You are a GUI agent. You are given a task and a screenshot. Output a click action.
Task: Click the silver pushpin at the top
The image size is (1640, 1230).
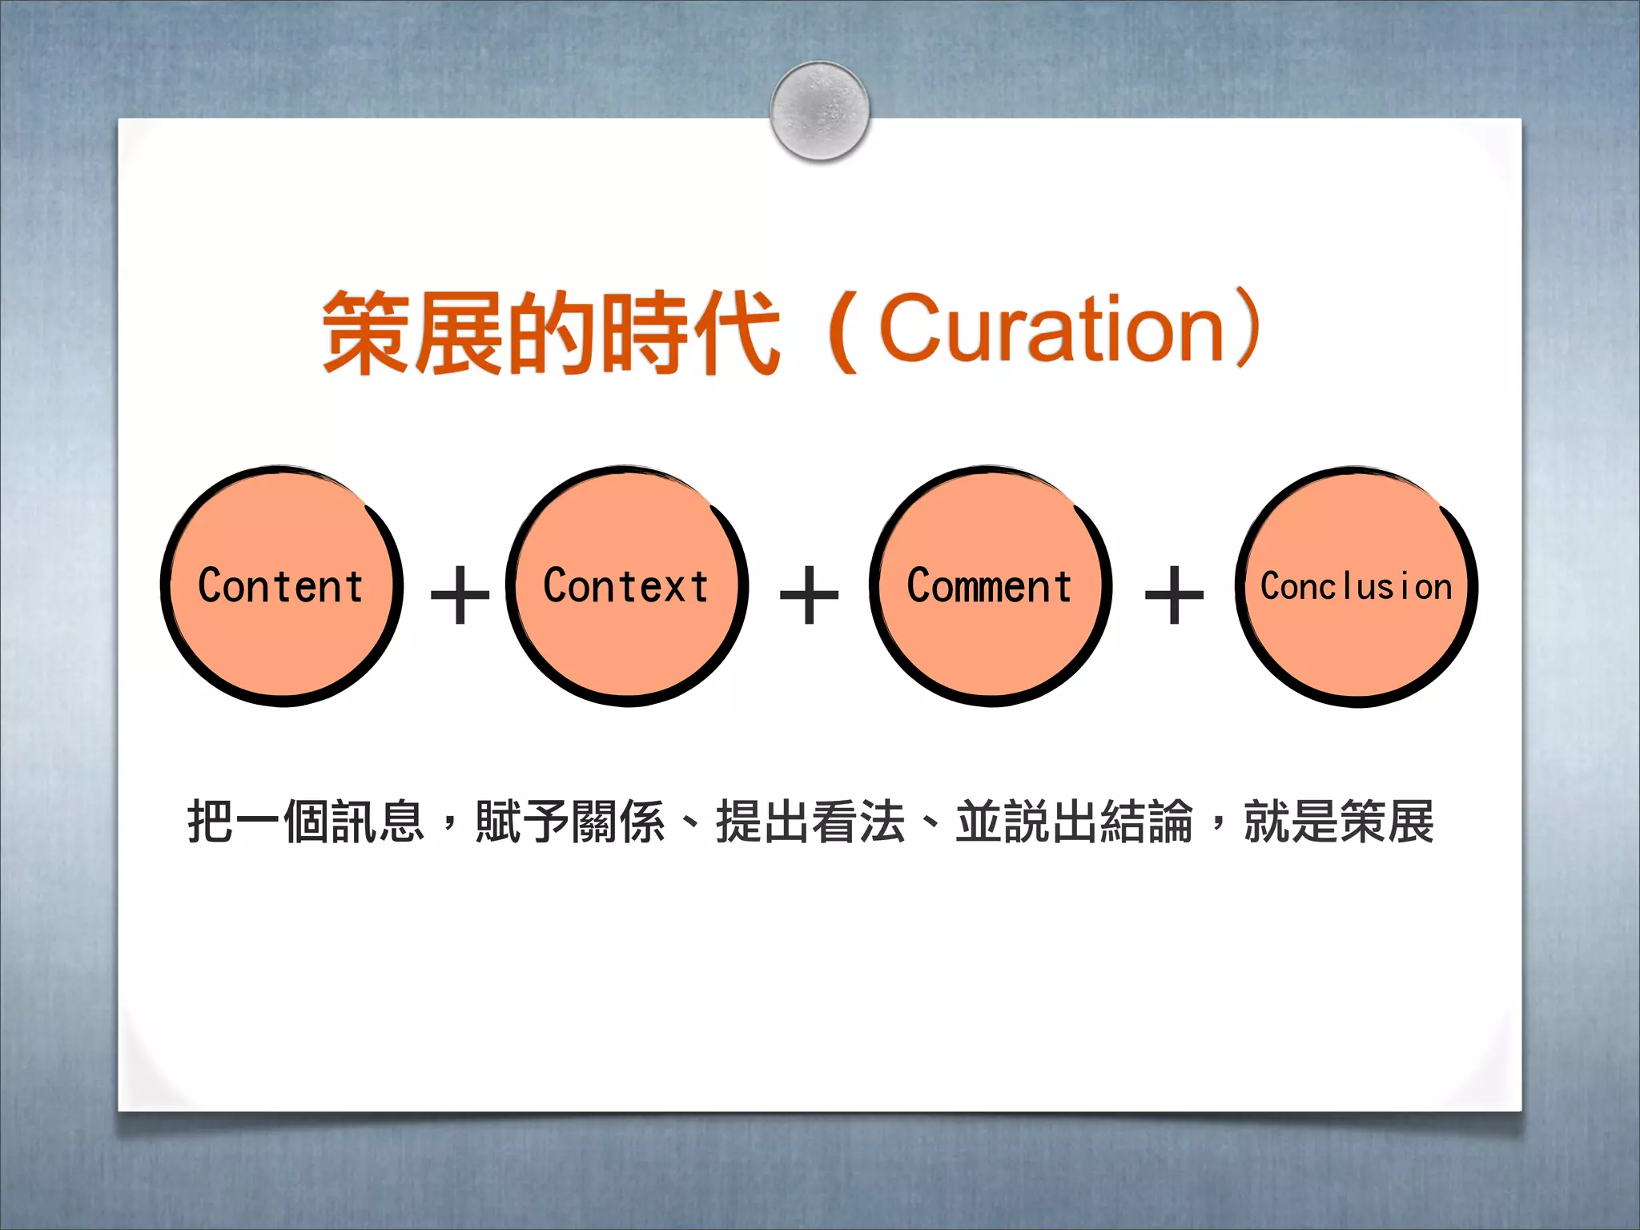pyautogui.click(x=819, y=111)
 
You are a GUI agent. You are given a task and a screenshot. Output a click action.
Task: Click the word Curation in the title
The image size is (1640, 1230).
pyautogui.click(x=1052, y=328)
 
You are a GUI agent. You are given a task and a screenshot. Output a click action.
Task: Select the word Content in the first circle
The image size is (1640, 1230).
pyautogui.click(x=280, y=586)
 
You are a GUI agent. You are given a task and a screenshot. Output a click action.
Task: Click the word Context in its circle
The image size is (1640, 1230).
pyautogui.click(x=626, y=586)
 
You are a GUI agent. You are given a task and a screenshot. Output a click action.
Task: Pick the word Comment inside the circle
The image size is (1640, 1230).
pyautogui.click(x=990, y=586)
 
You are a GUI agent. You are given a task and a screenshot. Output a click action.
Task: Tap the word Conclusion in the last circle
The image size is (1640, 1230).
pyautogui.click(x=1356, y=587)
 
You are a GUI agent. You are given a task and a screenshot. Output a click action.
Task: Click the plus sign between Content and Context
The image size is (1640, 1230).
pyautogui.click(x=460, y=595)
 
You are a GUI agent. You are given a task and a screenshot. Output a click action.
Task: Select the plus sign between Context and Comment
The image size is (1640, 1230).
pyautogui.click(x=809, y=595)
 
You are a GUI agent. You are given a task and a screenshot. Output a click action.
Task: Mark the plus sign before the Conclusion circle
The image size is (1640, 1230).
pyautogui.click(x=1174, y=595)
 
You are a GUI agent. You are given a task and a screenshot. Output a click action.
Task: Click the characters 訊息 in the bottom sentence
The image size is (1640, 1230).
pyautogui.click(x=378, y=822)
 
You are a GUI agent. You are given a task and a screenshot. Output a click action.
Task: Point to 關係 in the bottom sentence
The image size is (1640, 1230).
pyautogui.click(x=618, y=822)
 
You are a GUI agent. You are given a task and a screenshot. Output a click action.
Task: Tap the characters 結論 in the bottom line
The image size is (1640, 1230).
pyautogui.click(x=1147, y=822)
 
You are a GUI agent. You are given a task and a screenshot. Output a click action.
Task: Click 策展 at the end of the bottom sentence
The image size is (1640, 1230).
pyautogui.click(x=1387, y=822)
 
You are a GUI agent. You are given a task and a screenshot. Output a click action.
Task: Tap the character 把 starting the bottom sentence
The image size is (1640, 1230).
pyautogui.click(x=211, y=822)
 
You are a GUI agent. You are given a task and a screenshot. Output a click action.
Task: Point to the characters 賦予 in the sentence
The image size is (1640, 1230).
pyautogui.click(x=522, y=822)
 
